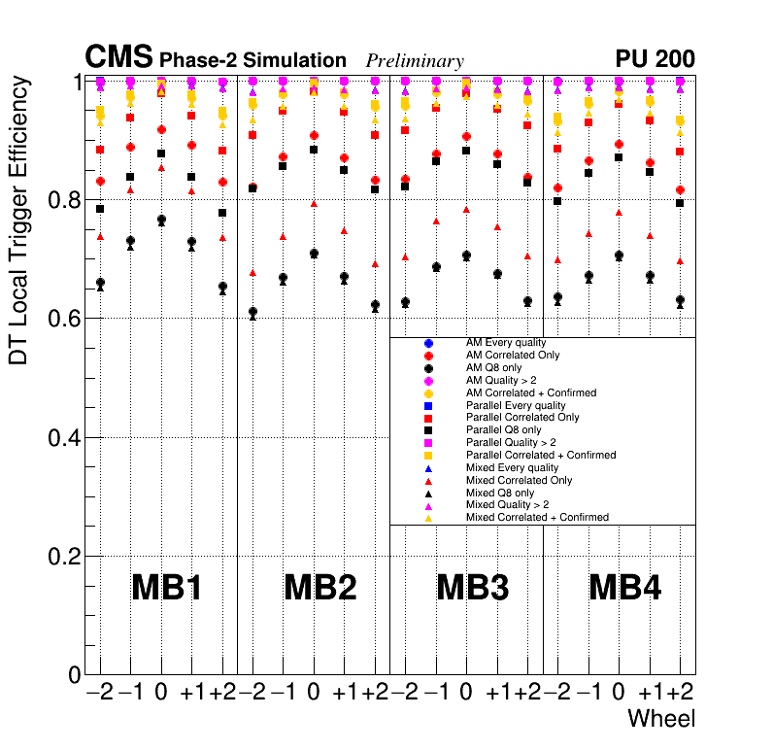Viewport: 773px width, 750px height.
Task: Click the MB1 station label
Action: (166, 588)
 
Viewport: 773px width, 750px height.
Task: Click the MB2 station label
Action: (319, 588)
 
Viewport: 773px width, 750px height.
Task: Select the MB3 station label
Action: (473, 588)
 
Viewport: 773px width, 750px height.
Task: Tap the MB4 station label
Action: (625, 588)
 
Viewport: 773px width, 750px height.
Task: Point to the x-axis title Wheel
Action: (660, 720)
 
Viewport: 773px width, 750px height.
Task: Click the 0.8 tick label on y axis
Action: (63, 200)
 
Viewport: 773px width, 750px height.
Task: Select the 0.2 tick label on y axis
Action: (63, 557)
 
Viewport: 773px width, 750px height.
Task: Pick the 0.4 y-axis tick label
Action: (63, 438)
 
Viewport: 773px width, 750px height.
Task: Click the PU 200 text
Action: (655, 59)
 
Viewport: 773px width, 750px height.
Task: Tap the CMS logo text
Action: (118, 57)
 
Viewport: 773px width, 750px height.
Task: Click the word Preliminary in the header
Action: (415, 61)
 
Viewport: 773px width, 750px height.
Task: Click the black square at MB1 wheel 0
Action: (161, 153)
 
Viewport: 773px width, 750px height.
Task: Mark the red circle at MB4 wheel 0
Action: (619, 144)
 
